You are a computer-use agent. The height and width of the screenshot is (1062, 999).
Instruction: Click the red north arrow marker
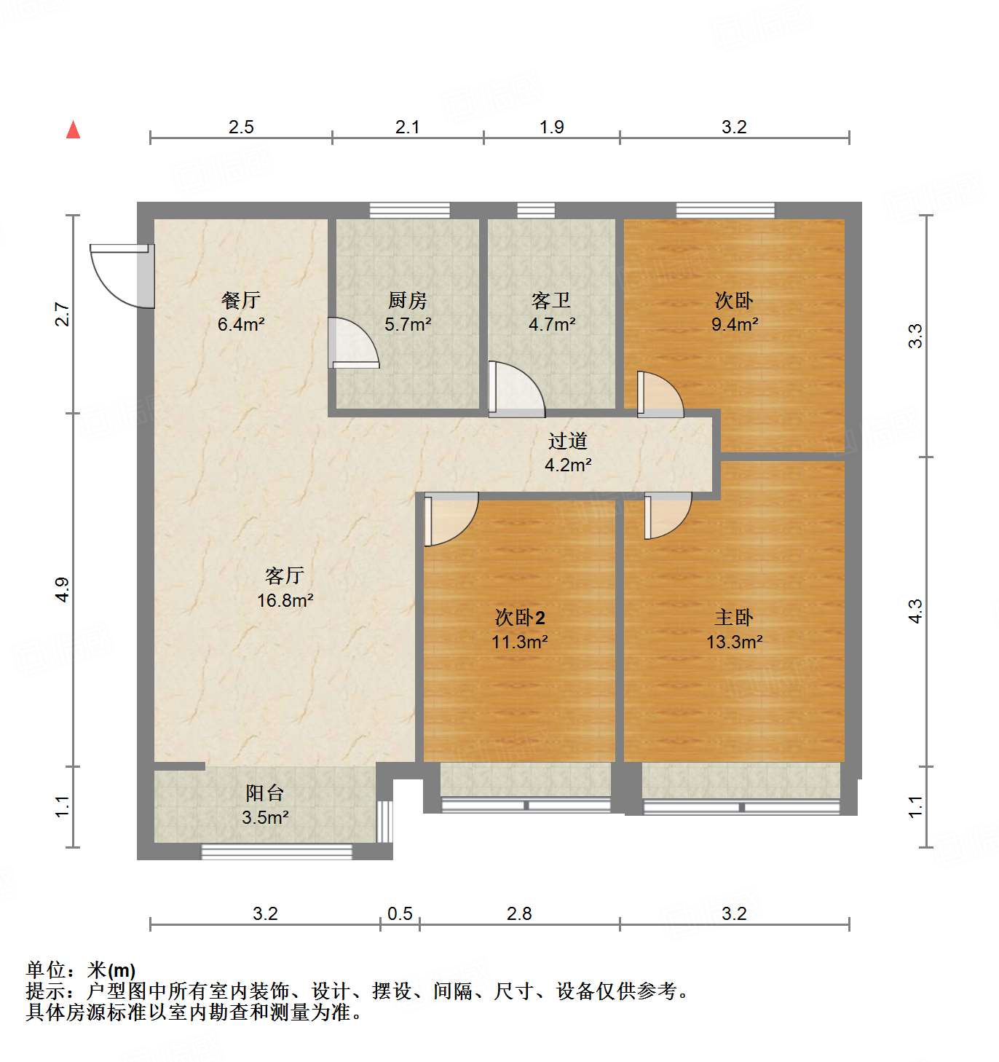coord(73,130)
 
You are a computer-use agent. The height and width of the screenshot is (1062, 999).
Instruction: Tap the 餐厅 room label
coord(240,300)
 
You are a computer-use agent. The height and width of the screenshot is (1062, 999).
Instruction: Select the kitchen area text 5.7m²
coord(408,324)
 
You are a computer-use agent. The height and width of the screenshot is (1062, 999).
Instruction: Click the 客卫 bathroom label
coord(551,300)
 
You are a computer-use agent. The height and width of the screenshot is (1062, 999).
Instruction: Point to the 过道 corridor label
coord(568,441)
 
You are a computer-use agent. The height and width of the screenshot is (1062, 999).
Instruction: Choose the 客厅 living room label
coord(285,575)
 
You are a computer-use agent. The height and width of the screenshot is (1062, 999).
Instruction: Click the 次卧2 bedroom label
coord(520,618)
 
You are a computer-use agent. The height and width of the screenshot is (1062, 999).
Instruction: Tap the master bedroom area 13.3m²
coord(734,642)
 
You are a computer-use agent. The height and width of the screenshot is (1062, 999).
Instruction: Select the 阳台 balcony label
coord(264,792)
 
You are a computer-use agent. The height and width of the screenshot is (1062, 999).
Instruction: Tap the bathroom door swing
coord(516,390)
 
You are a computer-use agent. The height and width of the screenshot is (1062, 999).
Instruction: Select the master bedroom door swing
coord(666,514)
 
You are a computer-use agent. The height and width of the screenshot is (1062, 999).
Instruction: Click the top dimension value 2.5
coord(241,127)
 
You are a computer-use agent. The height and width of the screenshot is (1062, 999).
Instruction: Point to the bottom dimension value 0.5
coord(400,913)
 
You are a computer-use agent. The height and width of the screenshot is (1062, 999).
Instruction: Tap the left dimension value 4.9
coord(63,589)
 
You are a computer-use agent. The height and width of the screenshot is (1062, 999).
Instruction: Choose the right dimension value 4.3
coord(915,610)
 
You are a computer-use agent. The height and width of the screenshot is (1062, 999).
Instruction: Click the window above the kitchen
coord(409,211)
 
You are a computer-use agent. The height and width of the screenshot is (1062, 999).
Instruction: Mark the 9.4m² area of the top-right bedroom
coord(734,324)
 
